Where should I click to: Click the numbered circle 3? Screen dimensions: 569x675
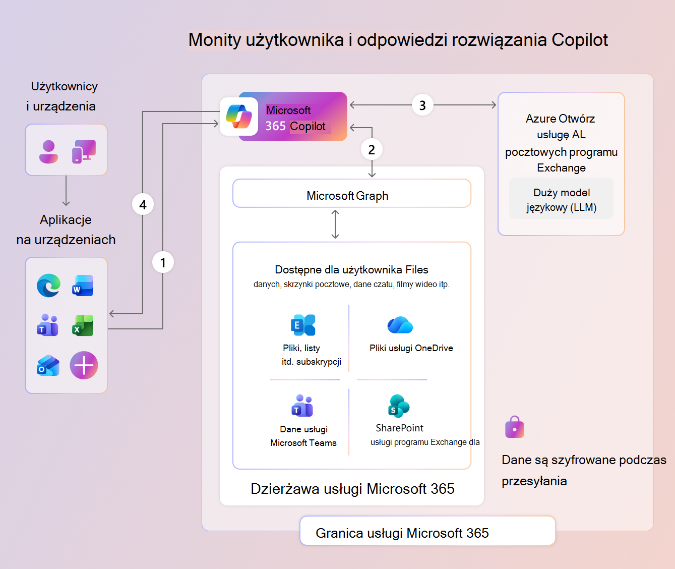pyautogui.click(x=422, y=105)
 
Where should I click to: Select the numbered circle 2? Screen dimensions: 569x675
pyautogui.click(x=372, y=149)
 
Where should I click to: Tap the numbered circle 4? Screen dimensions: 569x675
pyautogui.click(x=143, y=204)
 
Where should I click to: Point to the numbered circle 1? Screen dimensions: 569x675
pyautogui.click(x=163, y=262)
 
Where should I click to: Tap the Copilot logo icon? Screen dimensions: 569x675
pyautogui.click(x=239, y=117)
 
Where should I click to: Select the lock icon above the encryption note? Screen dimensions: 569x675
pyautogui.click(x=514, y=427)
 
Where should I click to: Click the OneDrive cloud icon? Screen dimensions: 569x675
pyautogui.click(x=400, y=325)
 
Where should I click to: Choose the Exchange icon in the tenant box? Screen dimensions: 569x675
pyautogui.click(x=303, y=325)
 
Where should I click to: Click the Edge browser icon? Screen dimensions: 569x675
pyautogui.click(x=49, y=286)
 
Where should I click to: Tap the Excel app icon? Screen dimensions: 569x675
pyautogui.click(x=83, y=325)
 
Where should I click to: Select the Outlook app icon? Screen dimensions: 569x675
pyautogui.click(x=48, y=365)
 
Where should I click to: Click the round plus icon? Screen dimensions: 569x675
pyautogui.click(x=84, y=365)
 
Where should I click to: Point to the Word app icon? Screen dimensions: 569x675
pyautogui.click(x=83, y=286)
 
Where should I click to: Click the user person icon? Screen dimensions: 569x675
pyautogui.click(x=48, y=151)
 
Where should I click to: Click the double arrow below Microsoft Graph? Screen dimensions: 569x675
pyautogui.click(x=335, y=224)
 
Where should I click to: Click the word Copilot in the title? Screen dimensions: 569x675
pyautogui.click(x=580, y=40)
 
